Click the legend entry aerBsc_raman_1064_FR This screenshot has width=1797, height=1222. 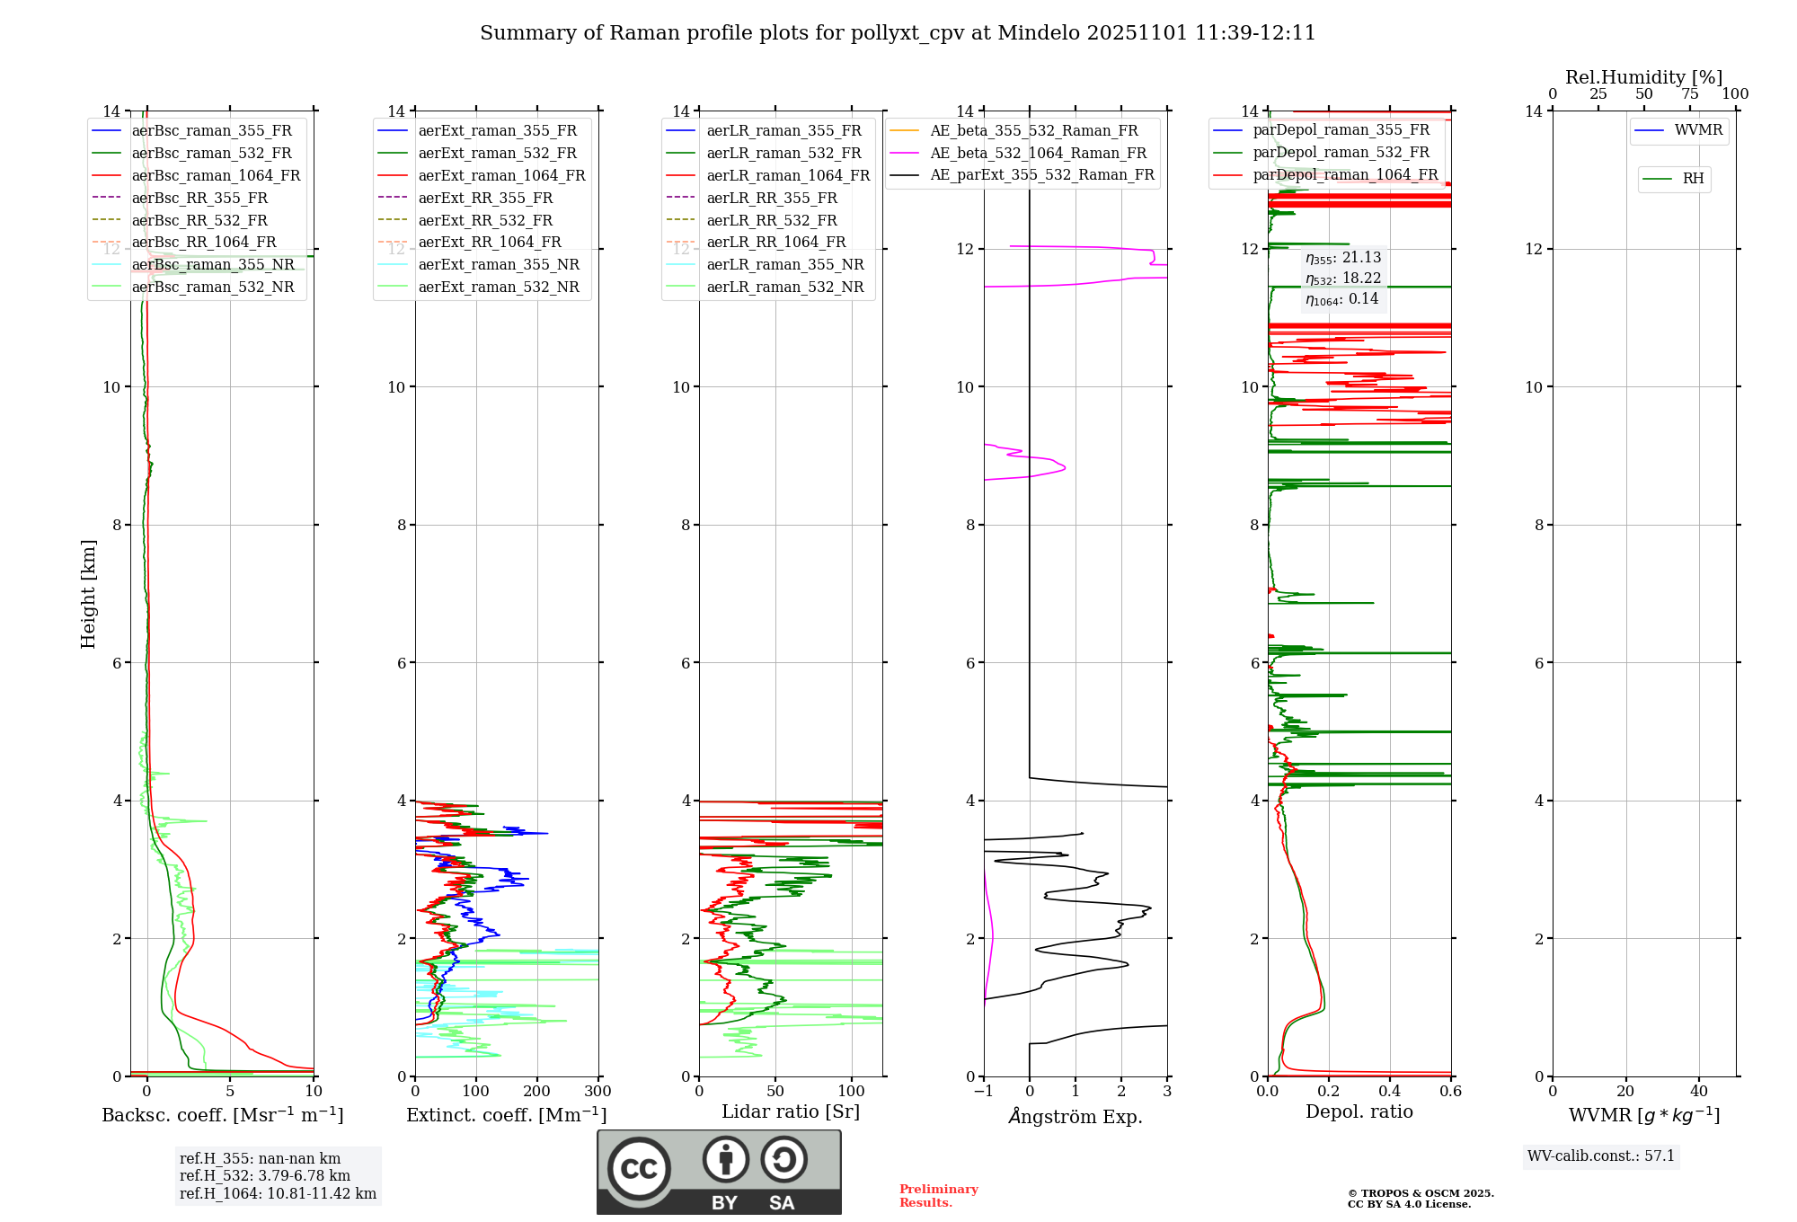(x=216, y=175)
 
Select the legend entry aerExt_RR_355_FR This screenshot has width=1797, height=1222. (x=485, y=198)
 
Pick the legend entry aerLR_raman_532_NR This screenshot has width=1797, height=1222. (x=784, y=287)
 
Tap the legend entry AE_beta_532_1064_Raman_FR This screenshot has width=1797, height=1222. (x=1038, y=153)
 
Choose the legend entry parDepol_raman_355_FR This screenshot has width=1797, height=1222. (x=1341, y=130)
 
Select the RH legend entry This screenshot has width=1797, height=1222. (x=1693, y=179)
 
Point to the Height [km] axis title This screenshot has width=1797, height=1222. (x=88, y=593)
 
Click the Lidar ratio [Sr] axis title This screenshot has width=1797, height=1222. (x=791, y=1111)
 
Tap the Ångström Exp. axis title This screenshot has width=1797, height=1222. (x=1076, y=1116)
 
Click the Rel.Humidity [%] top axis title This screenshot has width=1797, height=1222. (x=1643, y=77)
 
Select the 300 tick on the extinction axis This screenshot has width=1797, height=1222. (x=598, y=1092)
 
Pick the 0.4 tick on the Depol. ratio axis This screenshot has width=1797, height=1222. (x=1390, y=1092)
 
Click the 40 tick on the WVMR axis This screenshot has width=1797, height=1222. (x=1699, y=1092)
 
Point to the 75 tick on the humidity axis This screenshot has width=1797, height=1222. (x=1690, y=94)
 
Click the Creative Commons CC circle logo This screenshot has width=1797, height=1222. (x=639, y=1169)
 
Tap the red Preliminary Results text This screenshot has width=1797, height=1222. (x=938, y=1196)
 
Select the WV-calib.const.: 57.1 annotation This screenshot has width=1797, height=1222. (x=1601, y=1156)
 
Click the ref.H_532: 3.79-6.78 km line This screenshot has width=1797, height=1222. (x=265, y=1175)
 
